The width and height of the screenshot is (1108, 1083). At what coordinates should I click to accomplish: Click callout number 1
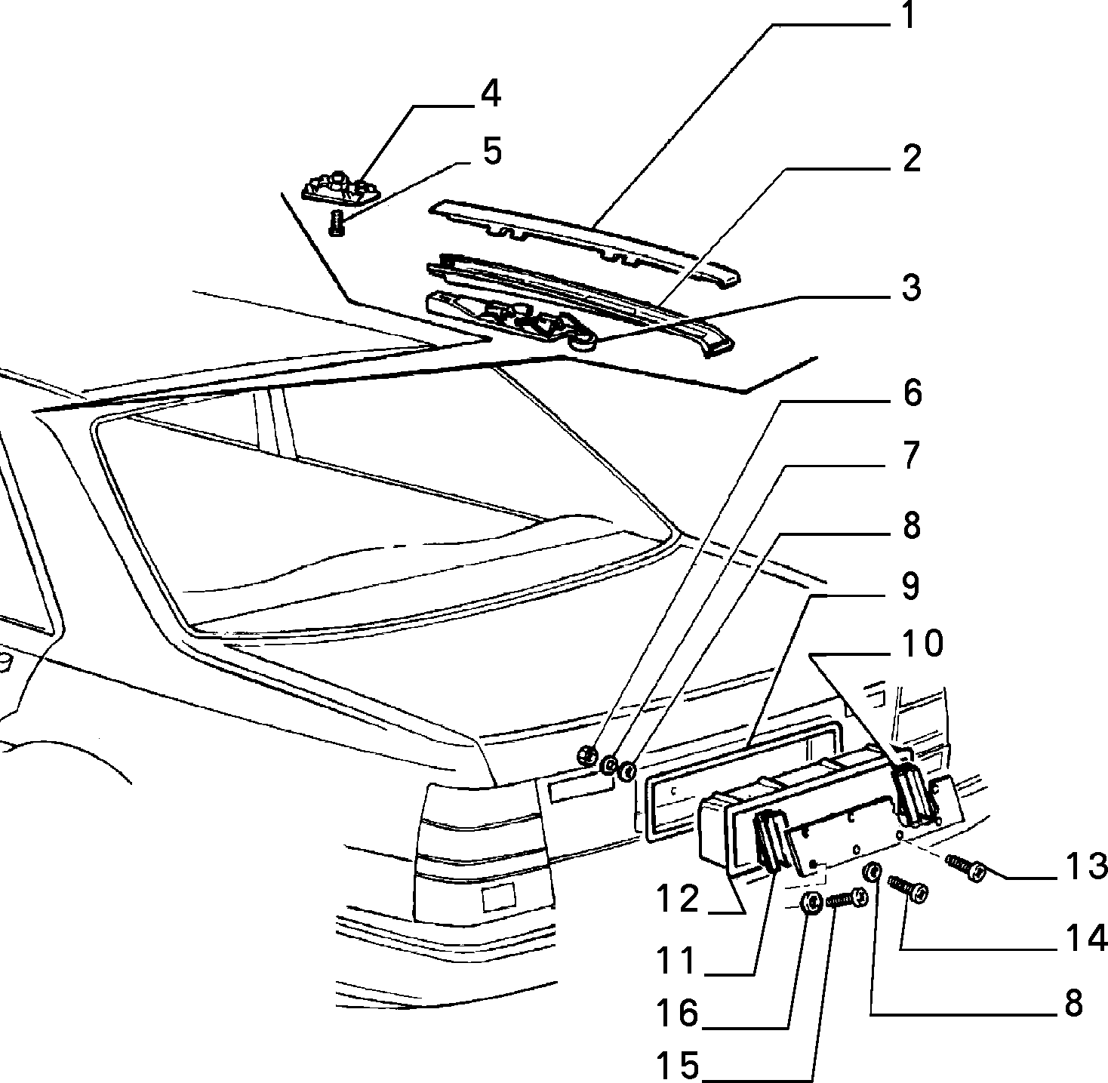click(908, 15)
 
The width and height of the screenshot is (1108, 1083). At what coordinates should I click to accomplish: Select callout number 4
click(491, 94)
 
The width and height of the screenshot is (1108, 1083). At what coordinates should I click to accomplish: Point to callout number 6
click(912, 393)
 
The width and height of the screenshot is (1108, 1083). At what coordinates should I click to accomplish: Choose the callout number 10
click(922, 644)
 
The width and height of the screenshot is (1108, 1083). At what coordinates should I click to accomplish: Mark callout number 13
click(1086, 866)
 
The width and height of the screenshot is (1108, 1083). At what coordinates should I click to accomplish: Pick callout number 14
click(1086, 938)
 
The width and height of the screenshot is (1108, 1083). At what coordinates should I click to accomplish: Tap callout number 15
click(678, 1066)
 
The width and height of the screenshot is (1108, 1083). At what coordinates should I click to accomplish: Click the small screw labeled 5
click(337, 223)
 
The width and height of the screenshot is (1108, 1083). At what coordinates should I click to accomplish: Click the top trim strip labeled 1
click(585, 240)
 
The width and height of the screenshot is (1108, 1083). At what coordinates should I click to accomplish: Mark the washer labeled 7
click(609, 765)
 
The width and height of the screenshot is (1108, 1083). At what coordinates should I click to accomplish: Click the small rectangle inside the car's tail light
click(498, 897)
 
